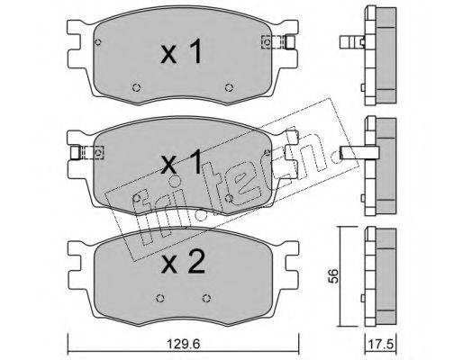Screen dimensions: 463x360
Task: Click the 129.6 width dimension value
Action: pos(183,344)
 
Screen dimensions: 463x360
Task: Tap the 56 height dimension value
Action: pos(333,275)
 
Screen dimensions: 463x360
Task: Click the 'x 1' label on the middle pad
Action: pos(181,162)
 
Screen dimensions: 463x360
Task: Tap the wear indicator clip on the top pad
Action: pos(279,41)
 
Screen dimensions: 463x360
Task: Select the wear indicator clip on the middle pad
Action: pos(87,152)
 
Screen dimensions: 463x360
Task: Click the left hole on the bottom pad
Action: pos(160,298)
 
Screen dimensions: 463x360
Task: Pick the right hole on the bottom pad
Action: pos(206,298)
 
